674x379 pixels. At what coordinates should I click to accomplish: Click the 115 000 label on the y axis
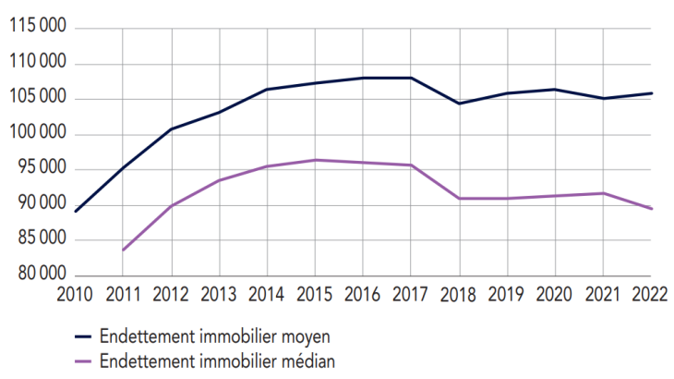(x=36, y=29)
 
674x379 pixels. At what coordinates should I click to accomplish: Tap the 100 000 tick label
(x=36, y=134)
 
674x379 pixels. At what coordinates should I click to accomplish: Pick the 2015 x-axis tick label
(x=315, y=294)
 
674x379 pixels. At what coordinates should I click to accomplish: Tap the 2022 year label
(x=651, y=294)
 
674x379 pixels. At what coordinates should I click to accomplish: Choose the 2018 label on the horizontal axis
(x=459, y=294)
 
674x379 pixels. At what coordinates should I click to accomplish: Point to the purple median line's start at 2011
(x=123, y=250)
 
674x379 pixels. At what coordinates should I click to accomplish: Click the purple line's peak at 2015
(x=315, y=160)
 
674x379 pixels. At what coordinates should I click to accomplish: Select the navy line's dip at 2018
(x=459, y=104)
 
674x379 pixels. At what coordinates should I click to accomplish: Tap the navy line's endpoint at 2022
(x=651, y=93)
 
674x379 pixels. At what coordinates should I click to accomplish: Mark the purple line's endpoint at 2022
(x=651, y=209)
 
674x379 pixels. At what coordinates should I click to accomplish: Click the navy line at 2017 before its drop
(x=411, y=78)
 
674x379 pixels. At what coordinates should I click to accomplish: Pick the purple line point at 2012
(x=171, y=206)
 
